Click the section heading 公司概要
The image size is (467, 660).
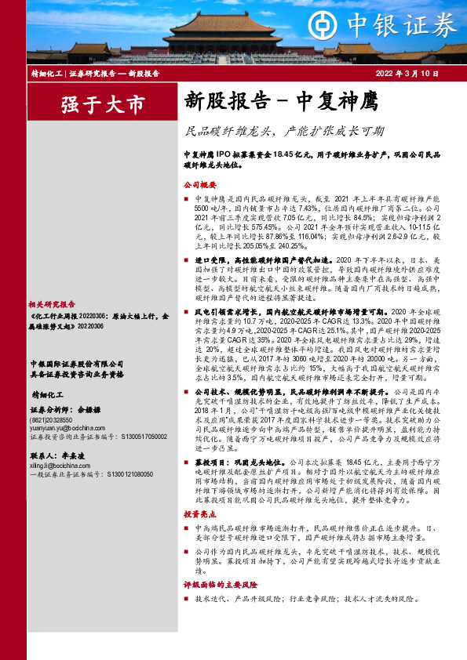[x=199, y=187]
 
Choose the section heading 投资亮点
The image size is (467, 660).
[x=199, y=514]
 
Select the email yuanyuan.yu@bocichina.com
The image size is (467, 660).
[x=64, y=428]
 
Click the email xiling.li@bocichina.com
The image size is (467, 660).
[x=60, y=465]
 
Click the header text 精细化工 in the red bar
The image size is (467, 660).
[x=46, y=73]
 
